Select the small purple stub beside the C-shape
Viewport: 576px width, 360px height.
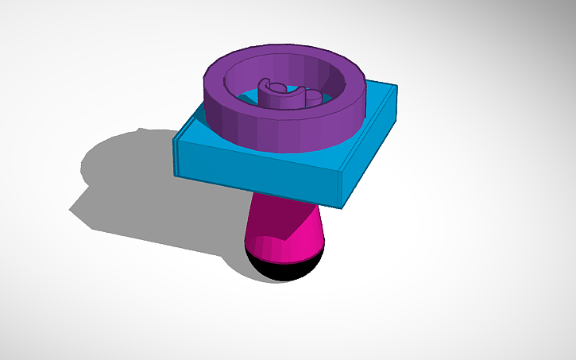[314, 98]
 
